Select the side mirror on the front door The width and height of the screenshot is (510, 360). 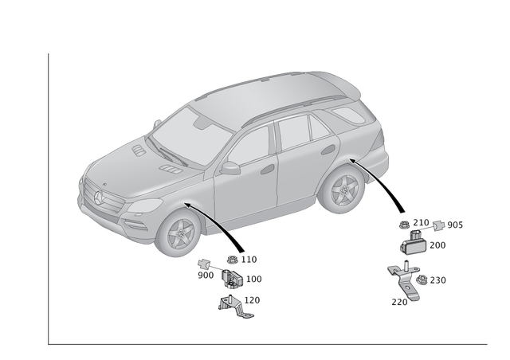tap(230, 168)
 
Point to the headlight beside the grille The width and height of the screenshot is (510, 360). tap(144, 206)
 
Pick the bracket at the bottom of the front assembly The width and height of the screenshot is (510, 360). tap(234, 305)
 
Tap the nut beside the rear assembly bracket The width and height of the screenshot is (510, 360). tap(423, 280)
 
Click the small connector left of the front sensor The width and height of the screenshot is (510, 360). tap(206, 264)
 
